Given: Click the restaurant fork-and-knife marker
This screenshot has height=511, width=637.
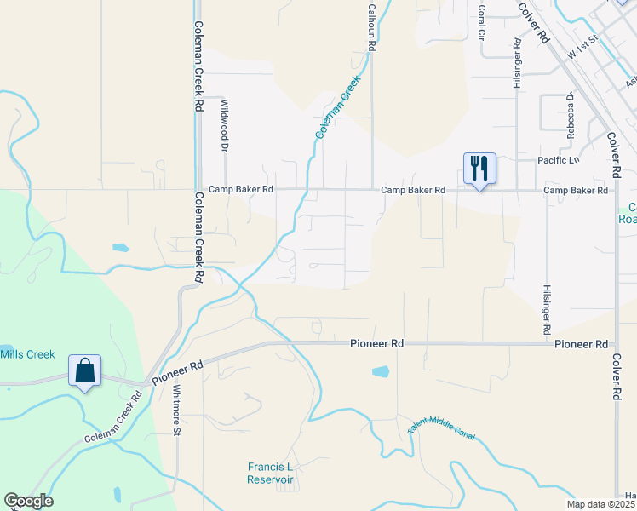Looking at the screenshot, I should pos(479,169).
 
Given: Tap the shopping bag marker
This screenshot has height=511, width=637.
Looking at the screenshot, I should pos(84,371).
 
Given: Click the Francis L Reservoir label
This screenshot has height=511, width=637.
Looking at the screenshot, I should pos(270,473).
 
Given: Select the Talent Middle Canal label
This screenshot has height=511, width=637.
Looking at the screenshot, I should pos(441,433).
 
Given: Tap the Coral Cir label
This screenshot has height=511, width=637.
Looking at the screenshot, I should pos(482,14).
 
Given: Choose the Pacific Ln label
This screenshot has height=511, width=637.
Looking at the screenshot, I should pos(558,160).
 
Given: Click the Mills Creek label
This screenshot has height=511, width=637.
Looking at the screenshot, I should pos(27,354).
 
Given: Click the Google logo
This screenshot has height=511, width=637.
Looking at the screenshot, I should pos(28,501).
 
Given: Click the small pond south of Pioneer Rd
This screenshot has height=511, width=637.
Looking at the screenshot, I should pos(380,371).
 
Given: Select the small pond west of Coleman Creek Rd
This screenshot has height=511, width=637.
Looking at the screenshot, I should pos(121,248).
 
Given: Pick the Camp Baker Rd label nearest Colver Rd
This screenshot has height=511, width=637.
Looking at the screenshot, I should pos(576,190).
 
